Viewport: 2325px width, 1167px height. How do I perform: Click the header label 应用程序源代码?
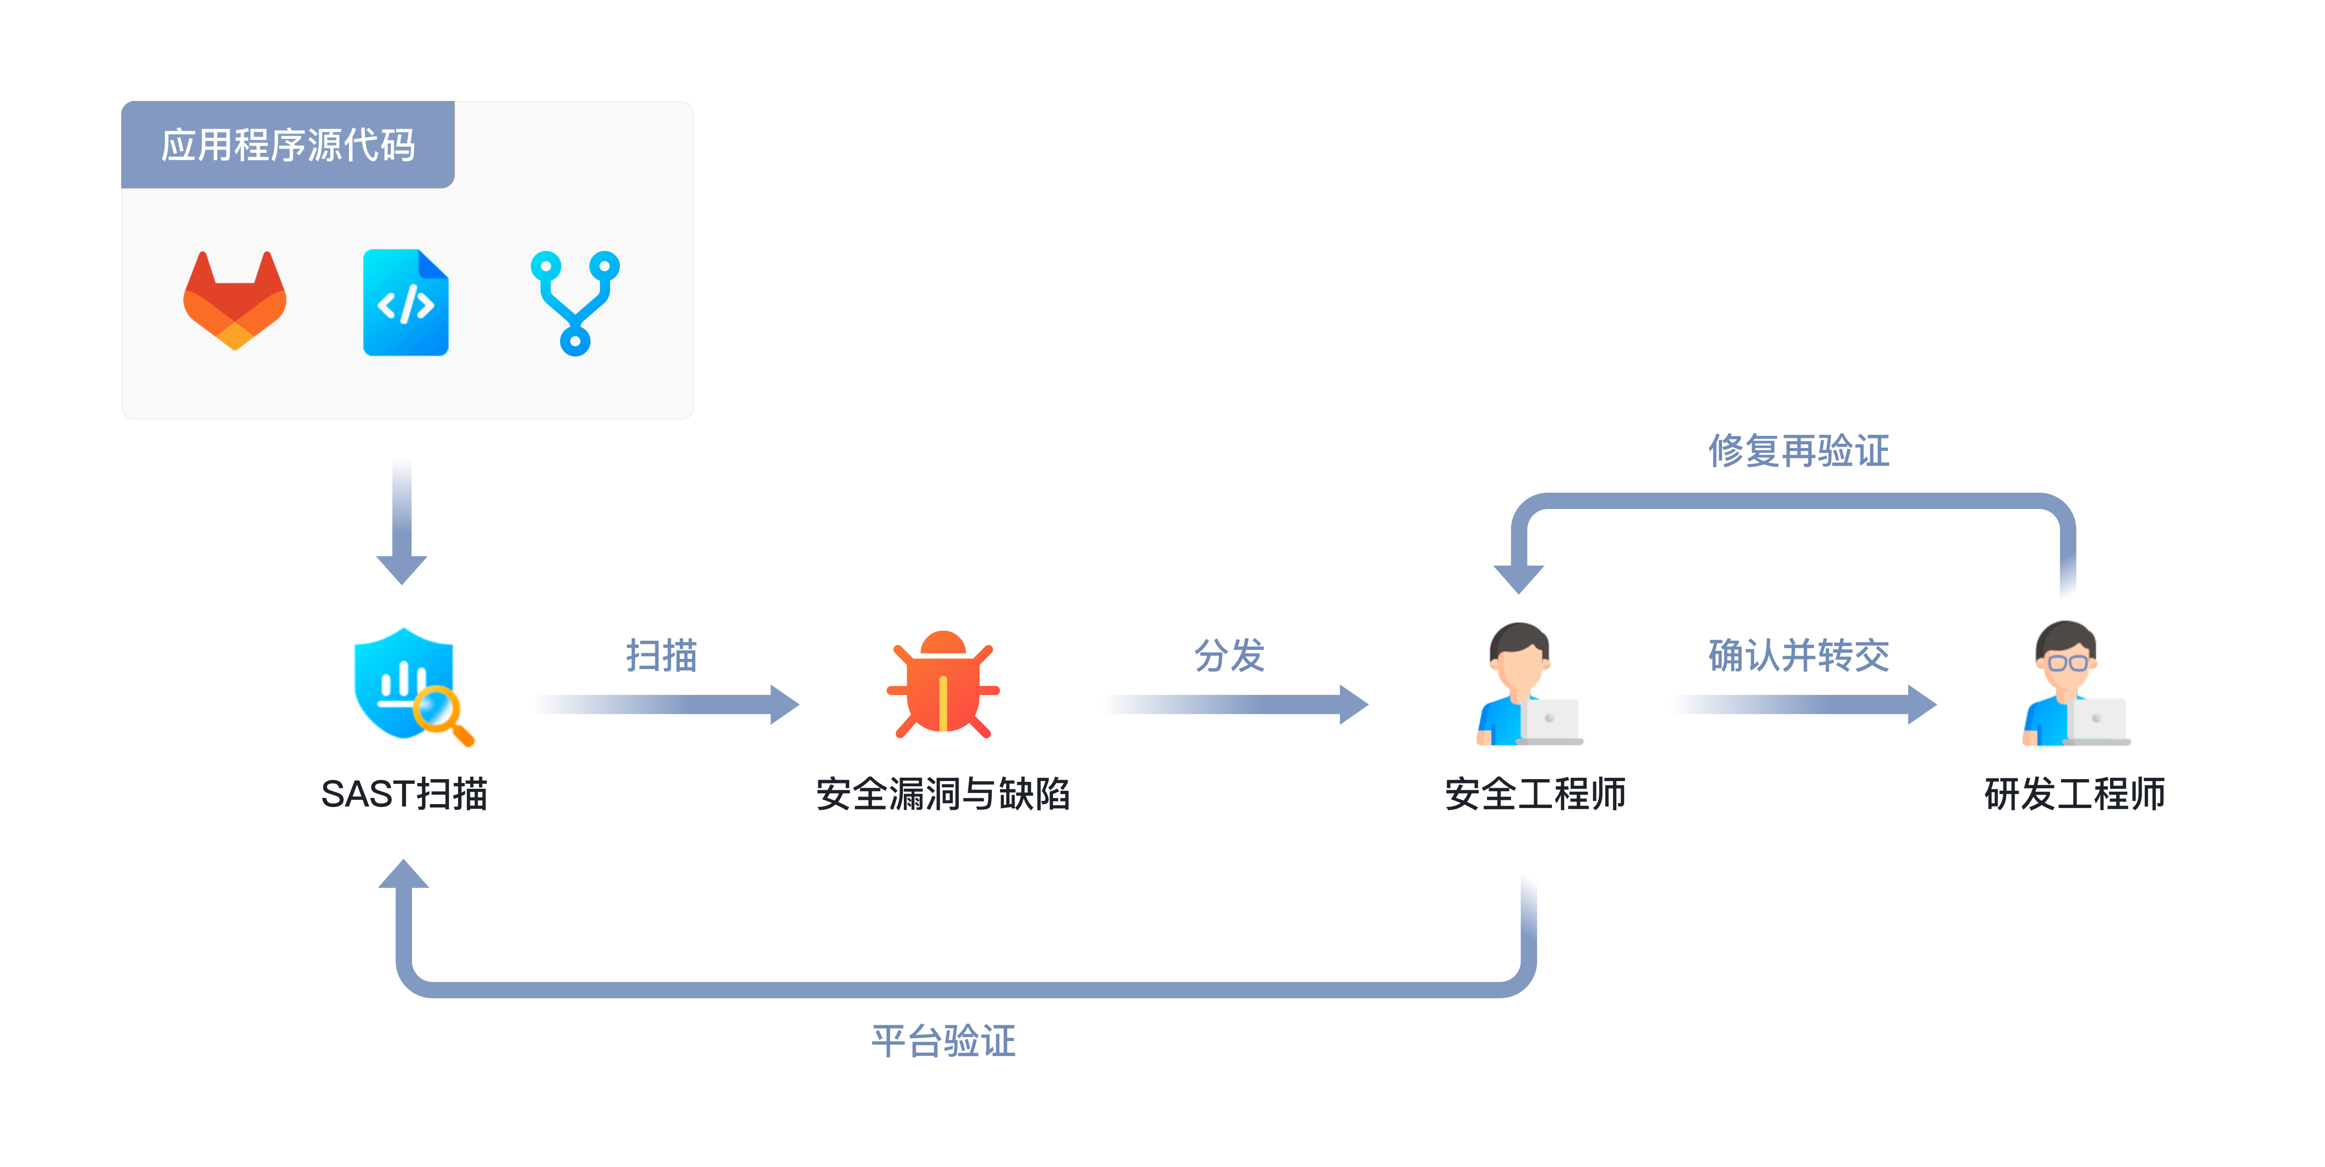tap(288, 145)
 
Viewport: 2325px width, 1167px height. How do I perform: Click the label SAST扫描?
tap(404, 794)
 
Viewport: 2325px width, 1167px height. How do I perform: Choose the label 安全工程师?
tap(1534, 794)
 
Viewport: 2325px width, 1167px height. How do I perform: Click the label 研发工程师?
tap(2074, 794)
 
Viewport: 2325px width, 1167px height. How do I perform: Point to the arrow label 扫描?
tap(662, 655)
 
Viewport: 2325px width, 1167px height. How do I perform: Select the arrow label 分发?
tap(1229, 655)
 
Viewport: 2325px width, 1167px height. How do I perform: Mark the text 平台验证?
tap(943, 1041)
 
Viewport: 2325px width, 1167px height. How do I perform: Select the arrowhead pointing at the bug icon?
tap(784, 704)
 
